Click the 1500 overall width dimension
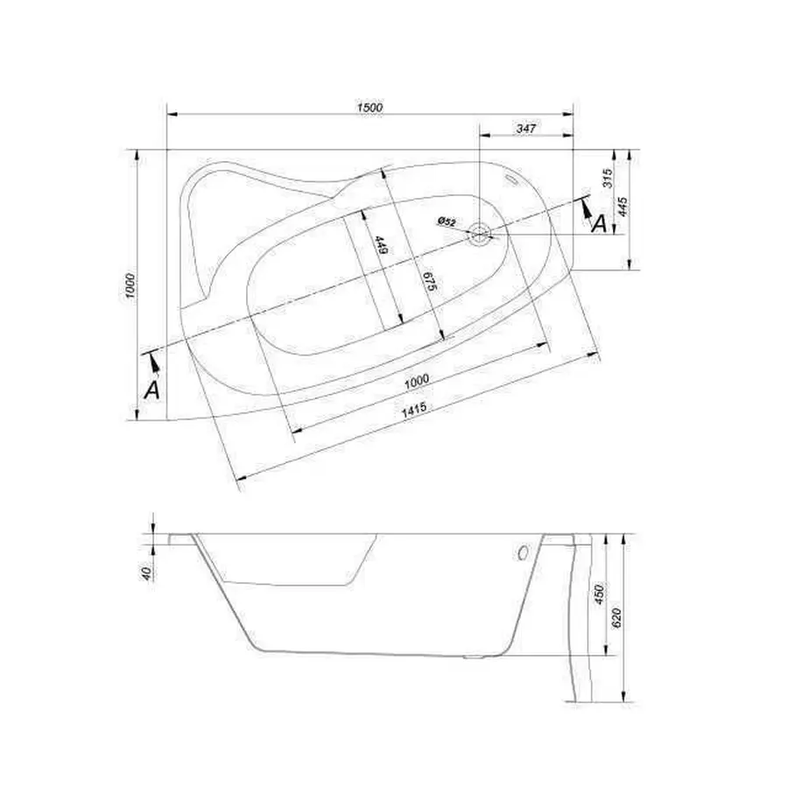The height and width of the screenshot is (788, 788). tap(369, 107)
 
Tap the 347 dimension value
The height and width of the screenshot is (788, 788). tap(525, 129)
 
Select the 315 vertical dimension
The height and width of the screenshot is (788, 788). tap(608, 179)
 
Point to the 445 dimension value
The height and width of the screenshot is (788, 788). tap(623, 207)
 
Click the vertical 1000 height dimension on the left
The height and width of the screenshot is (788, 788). tap(130, 286)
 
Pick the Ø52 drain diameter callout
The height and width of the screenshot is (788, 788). tap(447, 222)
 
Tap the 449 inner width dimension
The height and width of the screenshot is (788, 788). tap(382, 245)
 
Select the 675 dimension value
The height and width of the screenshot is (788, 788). tap(430, 281)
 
